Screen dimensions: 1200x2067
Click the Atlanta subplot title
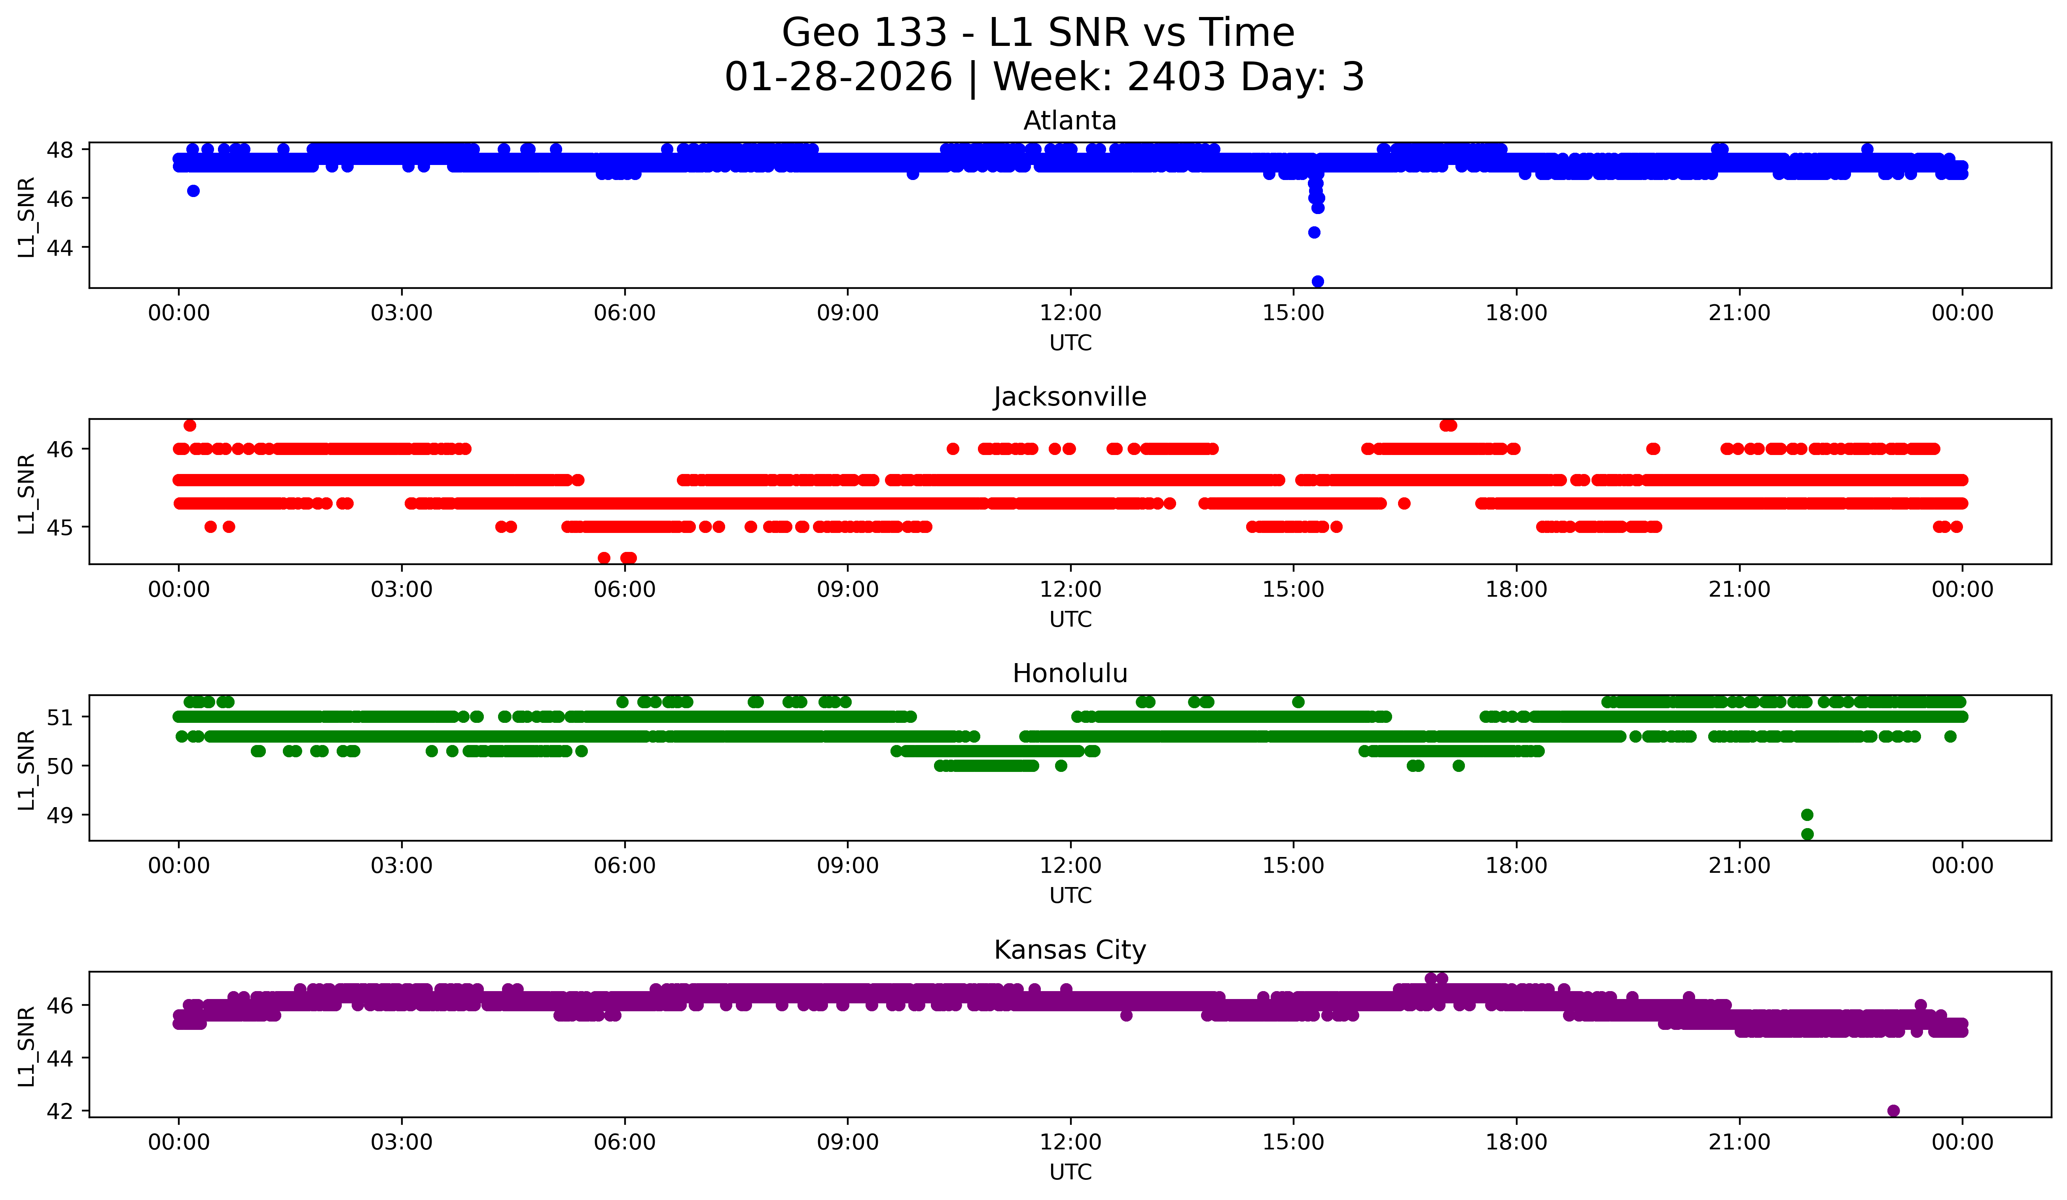tap(1070, 121)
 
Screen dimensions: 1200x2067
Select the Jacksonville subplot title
tap(1070, 397)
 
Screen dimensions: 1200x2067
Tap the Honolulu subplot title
tap(1070, 673)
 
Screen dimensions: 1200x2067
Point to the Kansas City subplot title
tap(1070, 950)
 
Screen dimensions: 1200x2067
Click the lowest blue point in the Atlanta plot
tap(1317, 281)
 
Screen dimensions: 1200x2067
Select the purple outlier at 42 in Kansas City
tap(1893, 1111)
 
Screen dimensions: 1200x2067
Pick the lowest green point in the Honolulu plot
tap(1807, 834)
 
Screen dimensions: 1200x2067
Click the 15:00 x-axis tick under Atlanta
tap(1294, 313)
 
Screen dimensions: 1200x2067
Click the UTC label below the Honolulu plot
tap(1070, 896)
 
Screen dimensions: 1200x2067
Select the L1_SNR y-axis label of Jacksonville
tap(26, 492)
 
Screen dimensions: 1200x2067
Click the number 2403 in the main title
tap(1176, 77)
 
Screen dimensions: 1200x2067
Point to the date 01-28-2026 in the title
tap(838, 77)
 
